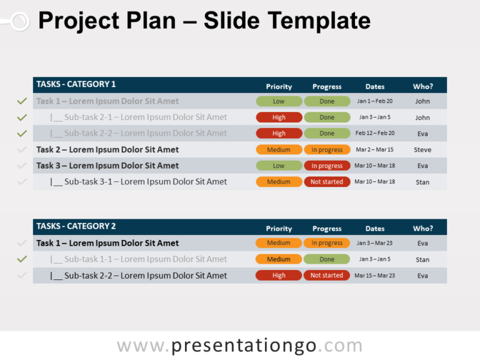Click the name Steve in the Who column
[x=422, y=150]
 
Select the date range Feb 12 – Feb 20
[x=374, y=133]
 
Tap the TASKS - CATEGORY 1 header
[x=76, y=84]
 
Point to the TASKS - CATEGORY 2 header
[x=76, y=226]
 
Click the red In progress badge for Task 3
[x=327, y=166]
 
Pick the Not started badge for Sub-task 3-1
[x=327, y=182]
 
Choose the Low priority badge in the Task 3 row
[x=279, y=166]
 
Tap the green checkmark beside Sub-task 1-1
[x=22, y=259]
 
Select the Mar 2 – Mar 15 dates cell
[x=374, y=150]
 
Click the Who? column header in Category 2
[x=422, y=229]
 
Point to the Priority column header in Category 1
[x=279, y=87]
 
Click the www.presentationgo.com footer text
[x=239, y=346]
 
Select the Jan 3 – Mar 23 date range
[x=374, y=243]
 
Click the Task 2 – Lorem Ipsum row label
[x=107, y=150]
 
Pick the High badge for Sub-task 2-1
[x=279, y=117]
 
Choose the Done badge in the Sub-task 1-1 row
[x=327, y=259]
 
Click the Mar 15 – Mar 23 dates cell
[x=374, y=276]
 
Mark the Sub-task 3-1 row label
[x=139, y=182]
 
